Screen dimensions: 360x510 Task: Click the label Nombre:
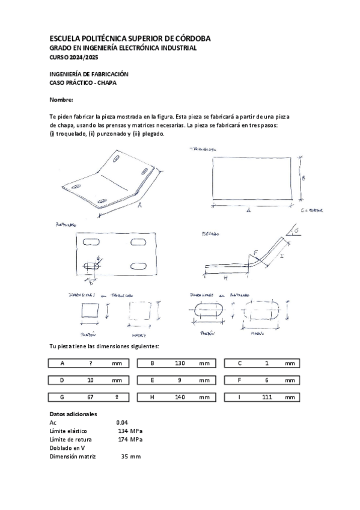pos(61,99)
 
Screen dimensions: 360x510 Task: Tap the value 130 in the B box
pos(179,363)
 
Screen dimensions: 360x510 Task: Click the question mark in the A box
pos(90,363)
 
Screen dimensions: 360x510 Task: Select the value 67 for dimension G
pos(90,398)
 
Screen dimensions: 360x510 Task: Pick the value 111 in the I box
pos(267,398)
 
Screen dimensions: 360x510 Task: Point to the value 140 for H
pos(179,398)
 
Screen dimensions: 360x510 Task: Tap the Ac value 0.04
pos(122,423)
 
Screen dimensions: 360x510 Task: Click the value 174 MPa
pos(130,440)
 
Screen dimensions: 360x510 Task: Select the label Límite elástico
pos(68,431)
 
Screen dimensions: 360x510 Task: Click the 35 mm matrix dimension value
pos(130,456)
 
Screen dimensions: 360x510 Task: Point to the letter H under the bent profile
pos(225,278)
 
